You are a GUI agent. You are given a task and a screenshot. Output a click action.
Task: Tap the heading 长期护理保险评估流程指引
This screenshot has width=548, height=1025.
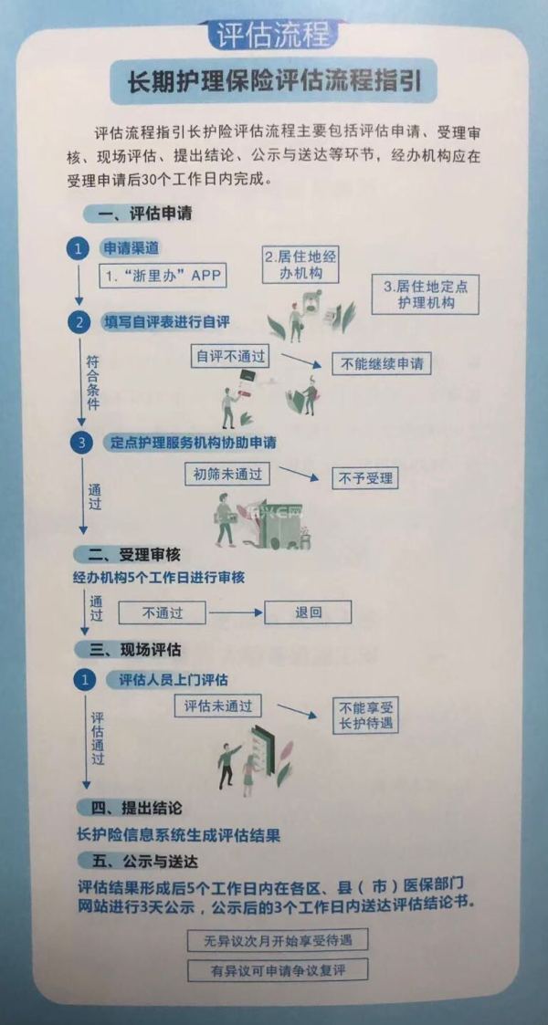tap(273, 82)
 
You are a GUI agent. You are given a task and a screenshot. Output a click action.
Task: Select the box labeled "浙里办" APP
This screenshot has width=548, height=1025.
tap(163, 276)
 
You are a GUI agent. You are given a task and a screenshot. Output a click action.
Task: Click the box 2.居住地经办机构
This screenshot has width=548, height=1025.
tap(300, 264)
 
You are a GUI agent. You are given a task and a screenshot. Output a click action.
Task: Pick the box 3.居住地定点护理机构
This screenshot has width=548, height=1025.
tap(426, 294)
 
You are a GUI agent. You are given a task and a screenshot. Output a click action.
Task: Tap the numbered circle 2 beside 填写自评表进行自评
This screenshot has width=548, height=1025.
tap(79, 322)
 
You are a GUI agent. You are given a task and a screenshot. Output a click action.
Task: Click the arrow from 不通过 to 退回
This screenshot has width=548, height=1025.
tap(234, 612)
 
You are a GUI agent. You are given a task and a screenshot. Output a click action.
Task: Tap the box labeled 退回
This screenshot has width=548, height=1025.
tap(308, 612)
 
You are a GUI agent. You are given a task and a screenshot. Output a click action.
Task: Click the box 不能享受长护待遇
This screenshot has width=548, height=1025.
tap(365, 715)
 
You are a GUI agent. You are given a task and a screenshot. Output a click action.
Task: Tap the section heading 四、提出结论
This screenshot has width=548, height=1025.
tap(135, 809)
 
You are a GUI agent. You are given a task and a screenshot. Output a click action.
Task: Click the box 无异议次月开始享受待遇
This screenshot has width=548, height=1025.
tap(278, 940)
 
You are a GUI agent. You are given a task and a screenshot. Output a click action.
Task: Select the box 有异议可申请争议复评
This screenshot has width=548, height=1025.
tap(278, 970)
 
